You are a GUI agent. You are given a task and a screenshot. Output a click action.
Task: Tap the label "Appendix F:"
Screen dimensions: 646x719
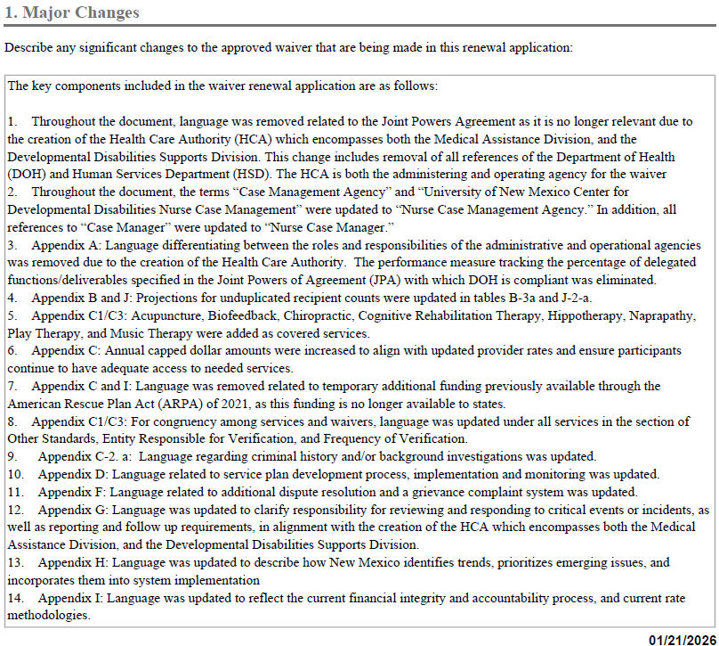[x=72, y=491]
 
